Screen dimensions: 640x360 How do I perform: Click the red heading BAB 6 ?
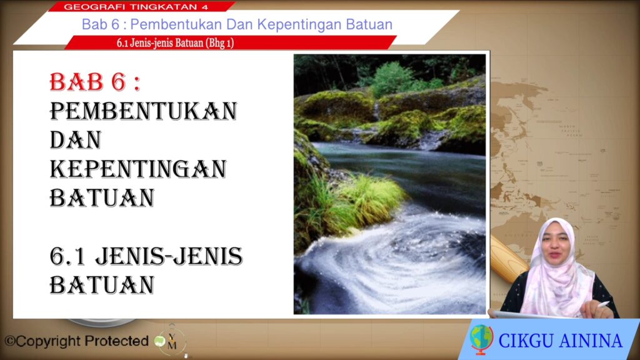(95, 82)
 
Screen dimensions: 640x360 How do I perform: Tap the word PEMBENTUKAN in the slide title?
(143, 111)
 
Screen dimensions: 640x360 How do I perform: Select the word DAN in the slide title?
(76, 140)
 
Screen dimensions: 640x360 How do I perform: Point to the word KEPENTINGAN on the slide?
(138, 169)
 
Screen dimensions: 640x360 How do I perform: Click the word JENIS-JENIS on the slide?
(169, 256)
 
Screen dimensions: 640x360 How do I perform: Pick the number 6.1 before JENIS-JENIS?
(67, 257)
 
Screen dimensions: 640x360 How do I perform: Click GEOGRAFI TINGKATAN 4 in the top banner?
(136, 7)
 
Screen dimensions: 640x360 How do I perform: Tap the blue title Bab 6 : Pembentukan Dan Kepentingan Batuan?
(237, 24)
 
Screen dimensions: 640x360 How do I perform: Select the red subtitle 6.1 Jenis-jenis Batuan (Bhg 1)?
(175, 43)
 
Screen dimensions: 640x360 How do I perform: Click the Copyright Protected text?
(76, 341)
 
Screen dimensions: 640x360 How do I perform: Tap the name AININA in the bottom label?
(591, 341)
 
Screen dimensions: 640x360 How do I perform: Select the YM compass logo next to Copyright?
(172, 340)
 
